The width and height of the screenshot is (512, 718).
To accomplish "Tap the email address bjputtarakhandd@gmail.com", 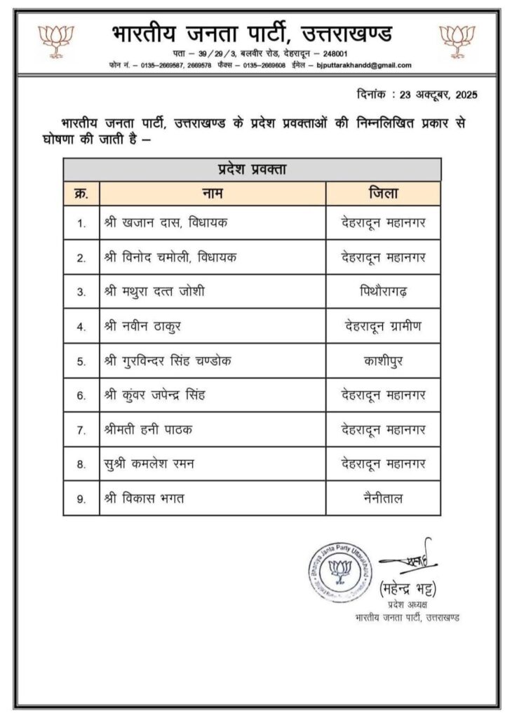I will [365, 65].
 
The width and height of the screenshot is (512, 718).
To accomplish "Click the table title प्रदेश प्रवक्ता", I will [252, 169].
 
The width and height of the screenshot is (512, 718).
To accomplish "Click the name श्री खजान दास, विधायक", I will [166, 223].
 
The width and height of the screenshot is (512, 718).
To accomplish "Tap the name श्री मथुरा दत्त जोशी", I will [158, 292].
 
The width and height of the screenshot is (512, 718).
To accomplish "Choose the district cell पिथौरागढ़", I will [384, 292].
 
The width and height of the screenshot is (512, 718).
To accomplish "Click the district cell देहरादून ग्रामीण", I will [384, 326].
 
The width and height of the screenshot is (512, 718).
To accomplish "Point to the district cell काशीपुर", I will [384, 361].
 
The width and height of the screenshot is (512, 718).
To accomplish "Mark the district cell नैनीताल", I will [384, 499].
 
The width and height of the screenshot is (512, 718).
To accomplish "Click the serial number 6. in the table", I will [81, 395].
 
